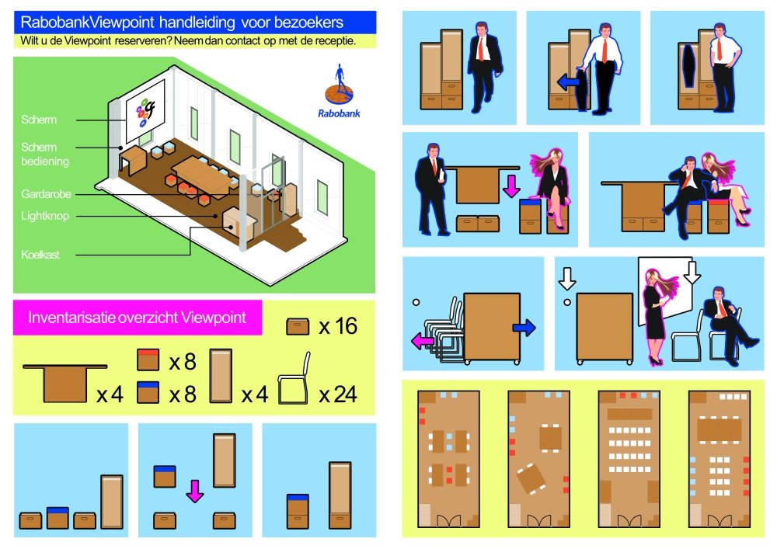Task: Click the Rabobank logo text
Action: [x=339, y=113]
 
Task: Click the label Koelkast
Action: [x=40, y=255]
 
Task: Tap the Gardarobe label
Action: [x=46, y=194]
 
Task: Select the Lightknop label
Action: [x=45, y=216]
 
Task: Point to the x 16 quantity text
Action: [x=339, y=326]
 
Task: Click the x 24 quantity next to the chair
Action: [x=339, y=394]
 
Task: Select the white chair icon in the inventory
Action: [x=294, y=379]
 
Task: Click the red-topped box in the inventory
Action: [x=148, y=360]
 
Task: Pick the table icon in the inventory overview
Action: [x=65, y=383]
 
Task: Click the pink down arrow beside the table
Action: [x=511, y=186]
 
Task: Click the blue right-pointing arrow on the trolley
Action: [x=524, y=327]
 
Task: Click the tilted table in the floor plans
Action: [x=531, y=478]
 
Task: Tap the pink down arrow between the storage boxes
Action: [x=195, y=491]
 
